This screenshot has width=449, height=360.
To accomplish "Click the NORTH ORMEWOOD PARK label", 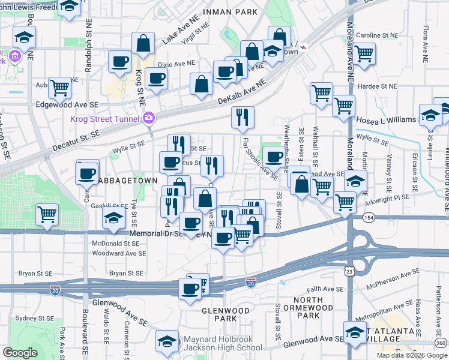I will [x=310, y=307].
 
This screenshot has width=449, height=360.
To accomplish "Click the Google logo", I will [x=20, y=353].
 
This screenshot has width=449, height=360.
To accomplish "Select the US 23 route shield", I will [x=349, y=272].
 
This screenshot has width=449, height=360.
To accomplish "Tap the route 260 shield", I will [x=441, y=343].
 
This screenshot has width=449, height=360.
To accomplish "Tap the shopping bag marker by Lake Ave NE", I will [x=143, y=43].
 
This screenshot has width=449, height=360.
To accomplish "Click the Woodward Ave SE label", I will [x=119, y=254].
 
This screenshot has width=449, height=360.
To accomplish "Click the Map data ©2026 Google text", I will [x=412, y=355].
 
